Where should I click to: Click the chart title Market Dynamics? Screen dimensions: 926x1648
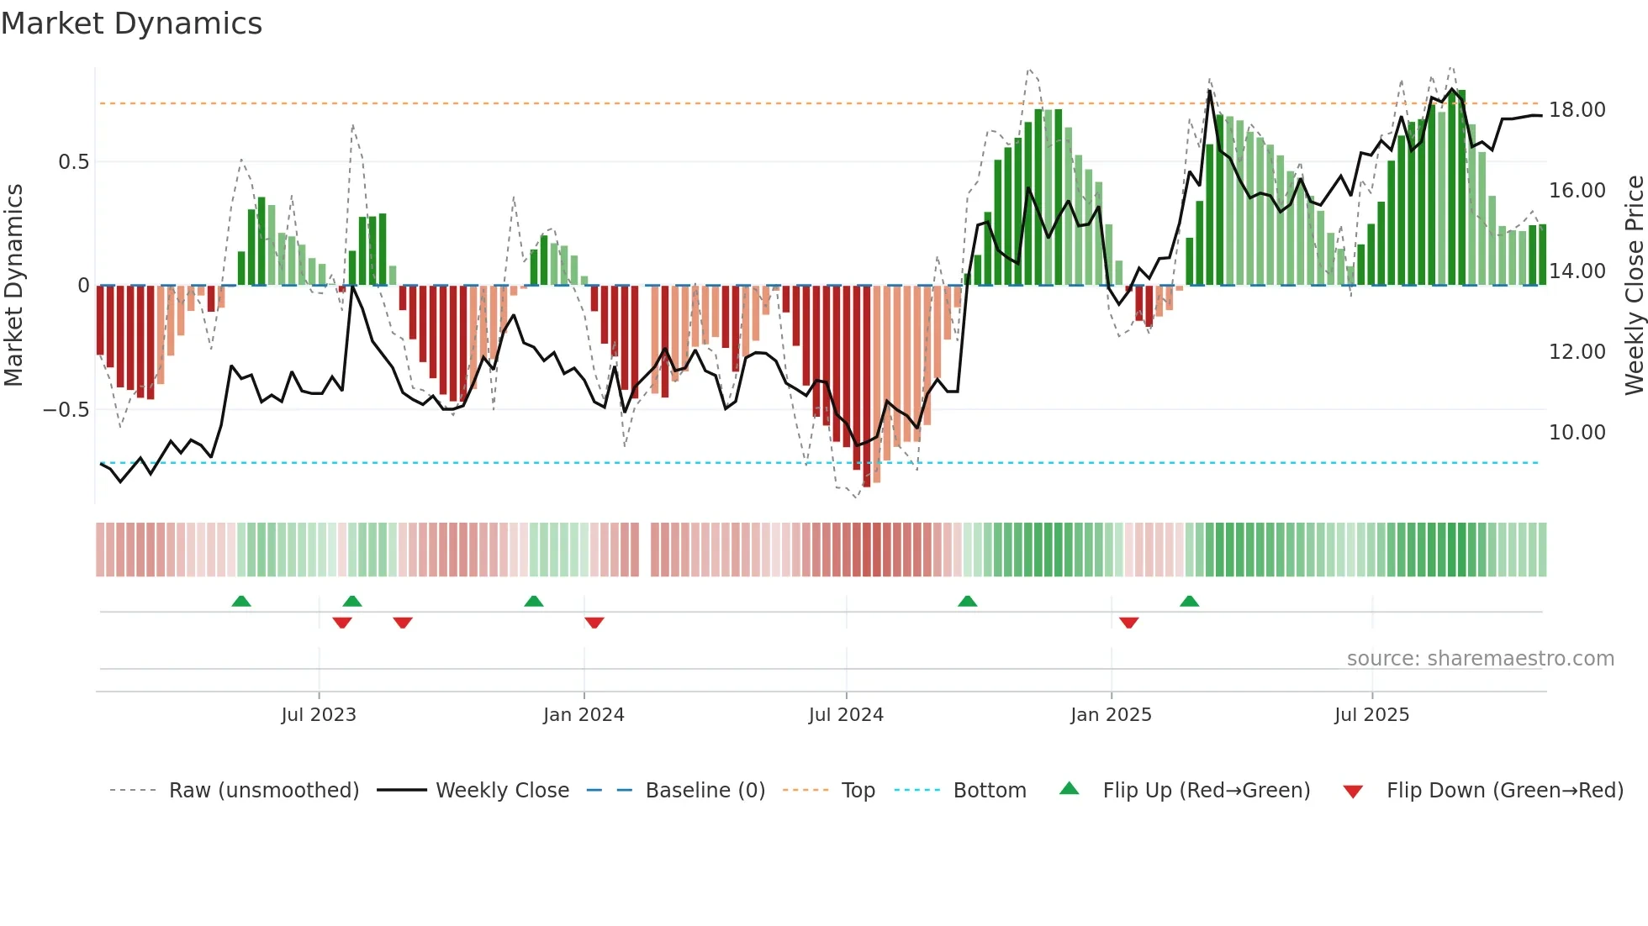(131, 24)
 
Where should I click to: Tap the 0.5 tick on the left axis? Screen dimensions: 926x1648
(73, 162)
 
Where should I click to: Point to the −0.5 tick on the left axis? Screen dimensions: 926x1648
(66, 410)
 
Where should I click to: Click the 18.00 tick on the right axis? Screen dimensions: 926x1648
(1577, 110)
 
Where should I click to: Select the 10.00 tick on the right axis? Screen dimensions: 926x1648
(1577, 433)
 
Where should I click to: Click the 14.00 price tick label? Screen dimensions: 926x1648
(1577, 271)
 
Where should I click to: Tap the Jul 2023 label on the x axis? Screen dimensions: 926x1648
(319, 715)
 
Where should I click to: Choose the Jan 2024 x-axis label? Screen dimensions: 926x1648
(584, 715)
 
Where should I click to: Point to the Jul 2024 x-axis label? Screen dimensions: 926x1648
(846, 715)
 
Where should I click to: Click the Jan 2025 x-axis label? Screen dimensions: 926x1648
(1111, 715)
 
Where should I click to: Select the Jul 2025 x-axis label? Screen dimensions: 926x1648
(1371, 715)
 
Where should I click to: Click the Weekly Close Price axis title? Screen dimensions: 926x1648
(1634, 286)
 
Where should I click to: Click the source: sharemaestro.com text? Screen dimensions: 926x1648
(1480, 659)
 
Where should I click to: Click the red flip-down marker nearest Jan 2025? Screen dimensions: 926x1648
(1128, 623)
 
